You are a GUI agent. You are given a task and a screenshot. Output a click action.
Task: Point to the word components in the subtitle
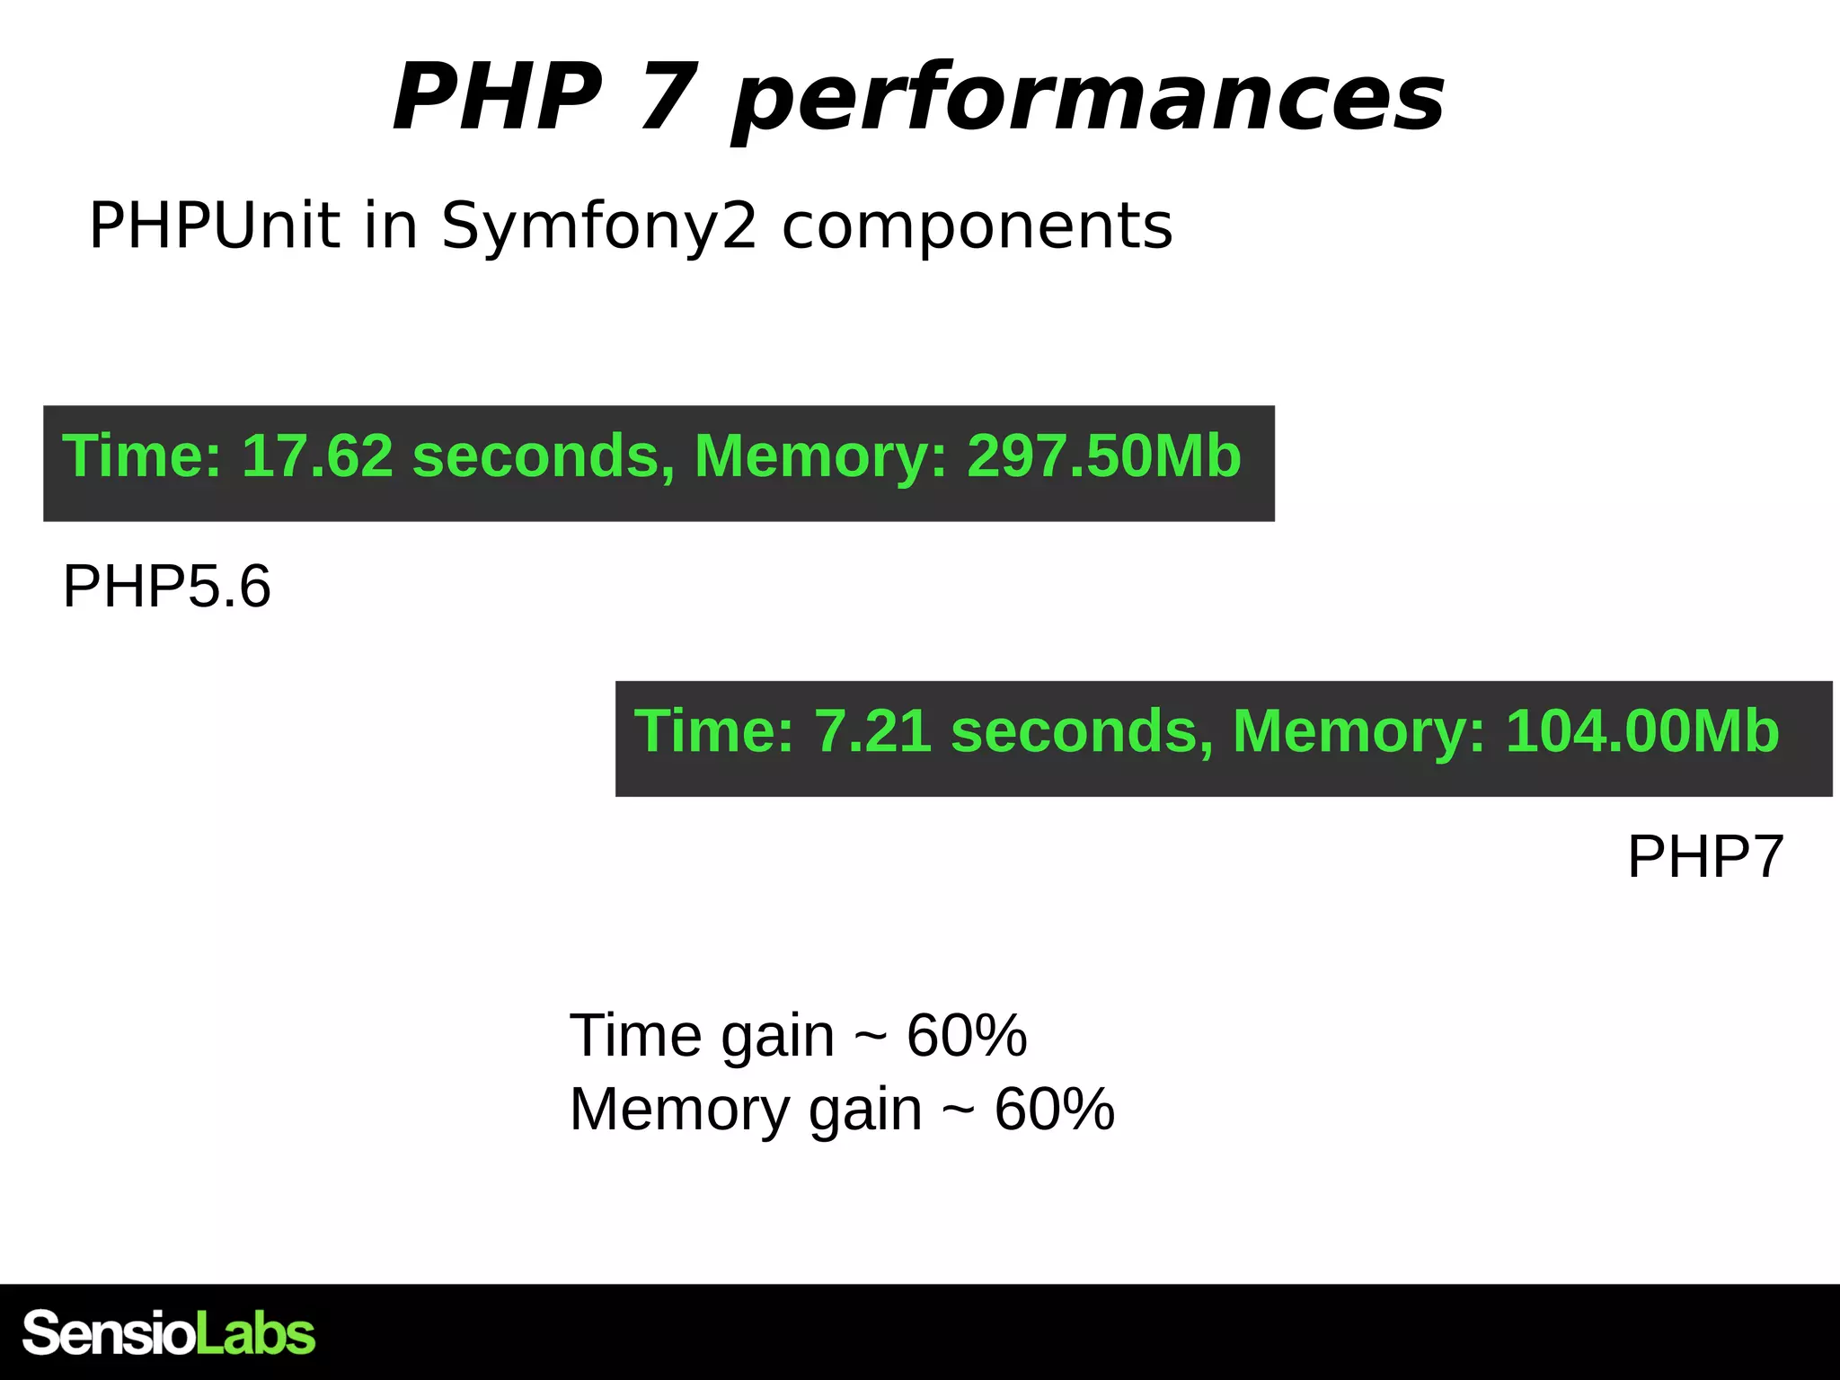tap(977, 226)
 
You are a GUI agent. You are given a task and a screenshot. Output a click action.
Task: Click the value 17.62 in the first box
tap(317, 456)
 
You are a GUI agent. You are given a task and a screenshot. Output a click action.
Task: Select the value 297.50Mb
tap(1103, 456)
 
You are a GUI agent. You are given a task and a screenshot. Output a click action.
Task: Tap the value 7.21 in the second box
tap(872, 730)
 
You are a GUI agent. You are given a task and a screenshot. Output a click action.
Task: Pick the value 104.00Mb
tap(1641, 730)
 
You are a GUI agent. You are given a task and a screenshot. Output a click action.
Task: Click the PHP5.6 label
tap(166, 587)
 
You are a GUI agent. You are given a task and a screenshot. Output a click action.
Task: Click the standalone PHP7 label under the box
tap(1704, 856)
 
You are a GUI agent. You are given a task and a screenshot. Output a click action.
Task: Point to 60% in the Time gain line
tap(966, 1036)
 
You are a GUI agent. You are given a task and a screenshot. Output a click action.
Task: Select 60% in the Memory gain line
tap(1054, 1110)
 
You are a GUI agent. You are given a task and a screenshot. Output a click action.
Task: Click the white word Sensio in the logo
tap(109, 1333)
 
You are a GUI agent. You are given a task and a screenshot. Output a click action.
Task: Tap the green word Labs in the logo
tap(255, 1333)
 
